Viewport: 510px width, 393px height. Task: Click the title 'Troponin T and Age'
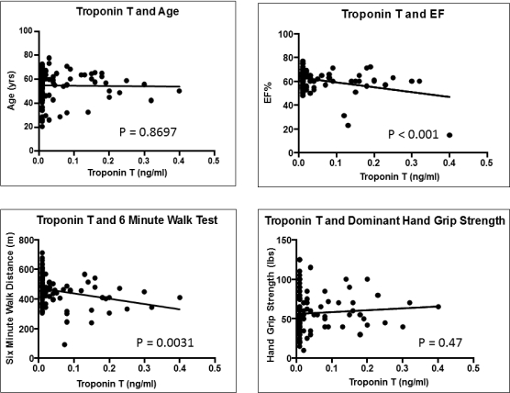127,11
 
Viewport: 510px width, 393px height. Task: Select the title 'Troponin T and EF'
393,14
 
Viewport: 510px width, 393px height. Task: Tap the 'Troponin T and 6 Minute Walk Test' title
127,220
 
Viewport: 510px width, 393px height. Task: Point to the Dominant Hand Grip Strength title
385,220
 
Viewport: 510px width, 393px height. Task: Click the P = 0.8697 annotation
148,132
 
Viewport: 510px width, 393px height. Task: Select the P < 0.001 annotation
413,134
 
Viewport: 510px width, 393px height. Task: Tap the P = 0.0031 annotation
165,342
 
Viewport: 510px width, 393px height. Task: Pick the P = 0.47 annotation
440,342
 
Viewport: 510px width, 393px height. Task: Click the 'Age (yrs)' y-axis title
11,91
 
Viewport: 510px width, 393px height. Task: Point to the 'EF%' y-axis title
268,93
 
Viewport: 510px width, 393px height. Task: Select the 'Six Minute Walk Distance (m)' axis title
10,298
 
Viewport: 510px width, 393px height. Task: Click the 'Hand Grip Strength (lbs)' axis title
271,305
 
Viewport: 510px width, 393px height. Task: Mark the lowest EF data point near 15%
449,135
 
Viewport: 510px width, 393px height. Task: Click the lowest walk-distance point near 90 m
64,344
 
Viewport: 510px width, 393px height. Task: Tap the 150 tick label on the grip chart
284,241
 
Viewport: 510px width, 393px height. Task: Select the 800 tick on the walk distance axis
27,241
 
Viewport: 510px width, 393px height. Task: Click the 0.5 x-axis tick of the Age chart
214,161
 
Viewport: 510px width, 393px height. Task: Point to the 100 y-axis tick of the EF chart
286,34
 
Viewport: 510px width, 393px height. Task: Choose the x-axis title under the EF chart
399,177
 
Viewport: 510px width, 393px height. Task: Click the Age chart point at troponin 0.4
179,91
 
